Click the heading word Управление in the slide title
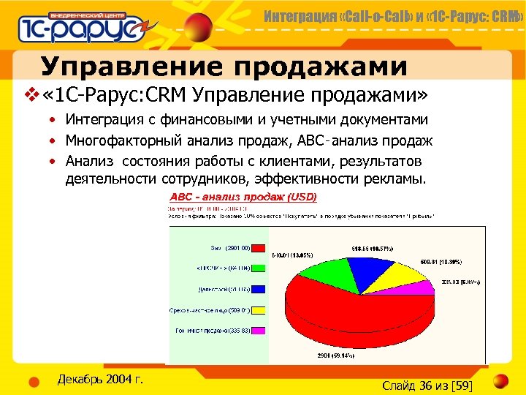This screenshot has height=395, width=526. pos(124,67)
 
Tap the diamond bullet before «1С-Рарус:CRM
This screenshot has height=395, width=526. pos(30,96)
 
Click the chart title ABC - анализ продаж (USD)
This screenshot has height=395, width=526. pos(243,197)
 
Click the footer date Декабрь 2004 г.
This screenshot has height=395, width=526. pos(99,379)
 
